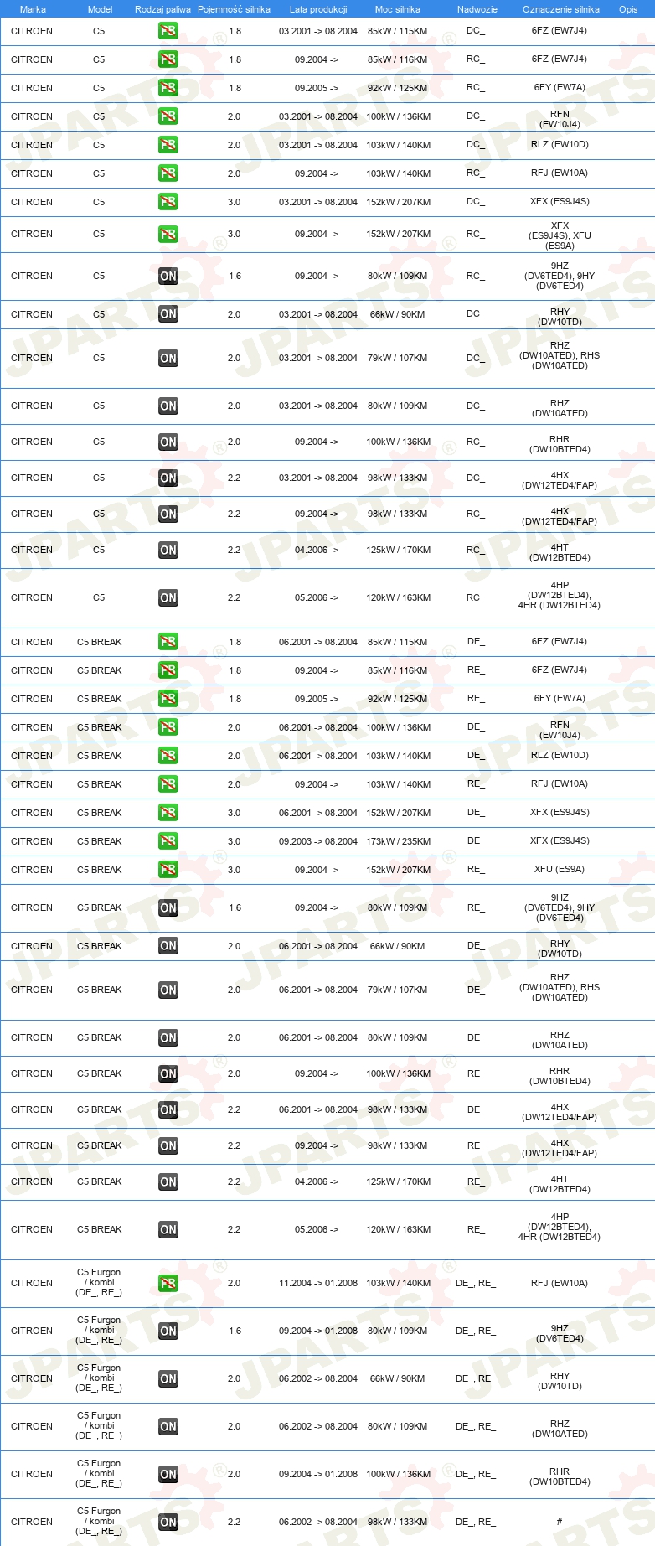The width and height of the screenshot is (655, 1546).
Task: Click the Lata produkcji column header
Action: click(x=318, y=9)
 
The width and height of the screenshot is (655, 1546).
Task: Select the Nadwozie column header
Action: click(x=477, y=9)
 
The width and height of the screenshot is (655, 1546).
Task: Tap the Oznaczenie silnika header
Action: click(x=560, y=9)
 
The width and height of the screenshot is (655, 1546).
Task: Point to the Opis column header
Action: click(x=628, y=9)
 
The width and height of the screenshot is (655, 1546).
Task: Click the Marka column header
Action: click(x=33, y=9)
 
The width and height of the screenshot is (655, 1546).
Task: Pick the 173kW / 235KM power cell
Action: click(x=398, y=841)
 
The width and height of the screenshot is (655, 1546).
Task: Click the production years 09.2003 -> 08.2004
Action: click(x=318, y=841)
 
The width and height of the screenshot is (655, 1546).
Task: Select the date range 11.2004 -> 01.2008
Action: click(x=318, y=1283)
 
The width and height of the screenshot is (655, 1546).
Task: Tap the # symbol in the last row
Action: click(x=560, y=1522)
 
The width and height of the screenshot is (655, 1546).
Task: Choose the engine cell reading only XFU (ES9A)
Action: click(x=560, y=870)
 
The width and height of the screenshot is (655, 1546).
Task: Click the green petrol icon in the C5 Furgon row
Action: click(x=168, y=1283)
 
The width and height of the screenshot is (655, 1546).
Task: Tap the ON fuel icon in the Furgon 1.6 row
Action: click(x=168, y=1331)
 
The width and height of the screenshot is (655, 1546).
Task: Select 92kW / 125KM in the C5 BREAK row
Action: click(x=398, y=699)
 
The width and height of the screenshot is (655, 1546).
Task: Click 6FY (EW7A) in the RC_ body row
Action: click(x=560, y=88)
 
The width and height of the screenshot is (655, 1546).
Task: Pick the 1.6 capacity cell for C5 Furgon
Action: click(x=235, y=1331)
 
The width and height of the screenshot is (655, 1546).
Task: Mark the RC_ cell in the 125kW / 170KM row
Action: click(x=476, y=551)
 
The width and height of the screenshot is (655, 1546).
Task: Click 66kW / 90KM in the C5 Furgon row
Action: click(x=398, y=1378)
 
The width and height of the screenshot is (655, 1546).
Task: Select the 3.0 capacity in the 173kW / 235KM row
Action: click(x=235, y=841)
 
